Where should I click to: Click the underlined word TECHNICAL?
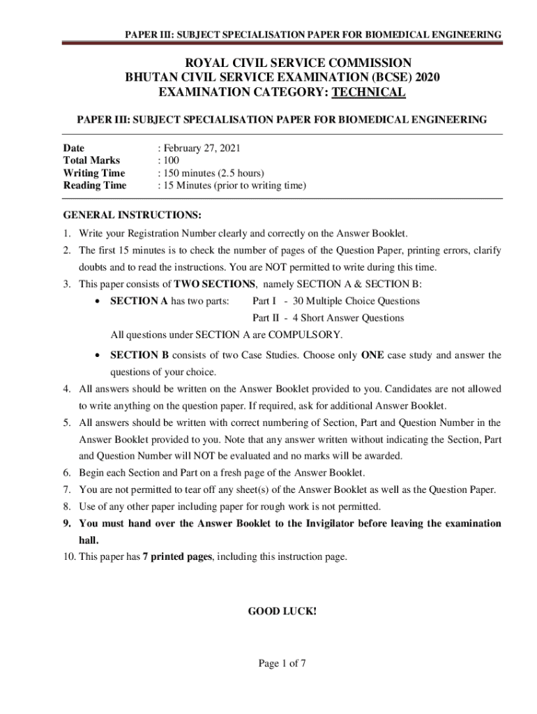[368, 93]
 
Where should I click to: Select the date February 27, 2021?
[197, 148]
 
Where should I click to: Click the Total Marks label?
[91, 160]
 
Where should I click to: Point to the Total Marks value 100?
[172, 160]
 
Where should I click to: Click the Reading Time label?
[95, 185]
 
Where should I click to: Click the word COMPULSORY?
[308, 335]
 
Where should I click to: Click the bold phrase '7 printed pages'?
[174, 557]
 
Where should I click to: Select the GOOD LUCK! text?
[282, 612]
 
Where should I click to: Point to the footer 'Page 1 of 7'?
[282, 664]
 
